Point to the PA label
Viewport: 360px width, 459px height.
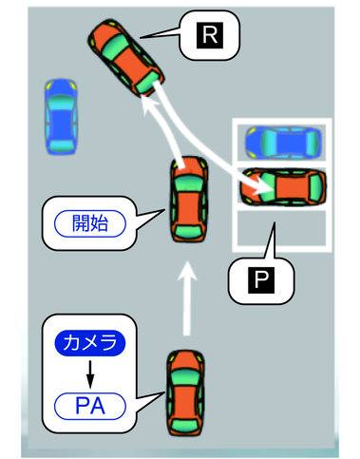point(88,408)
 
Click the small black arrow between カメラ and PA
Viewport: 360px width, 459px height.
point(88,373)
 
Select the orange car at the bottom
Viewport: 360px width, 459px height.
point(184,392)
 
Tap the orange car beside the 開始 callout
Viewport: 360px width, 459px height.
point(189,200)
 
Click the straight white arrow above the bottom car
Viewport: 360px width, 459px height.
point(188,302)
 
